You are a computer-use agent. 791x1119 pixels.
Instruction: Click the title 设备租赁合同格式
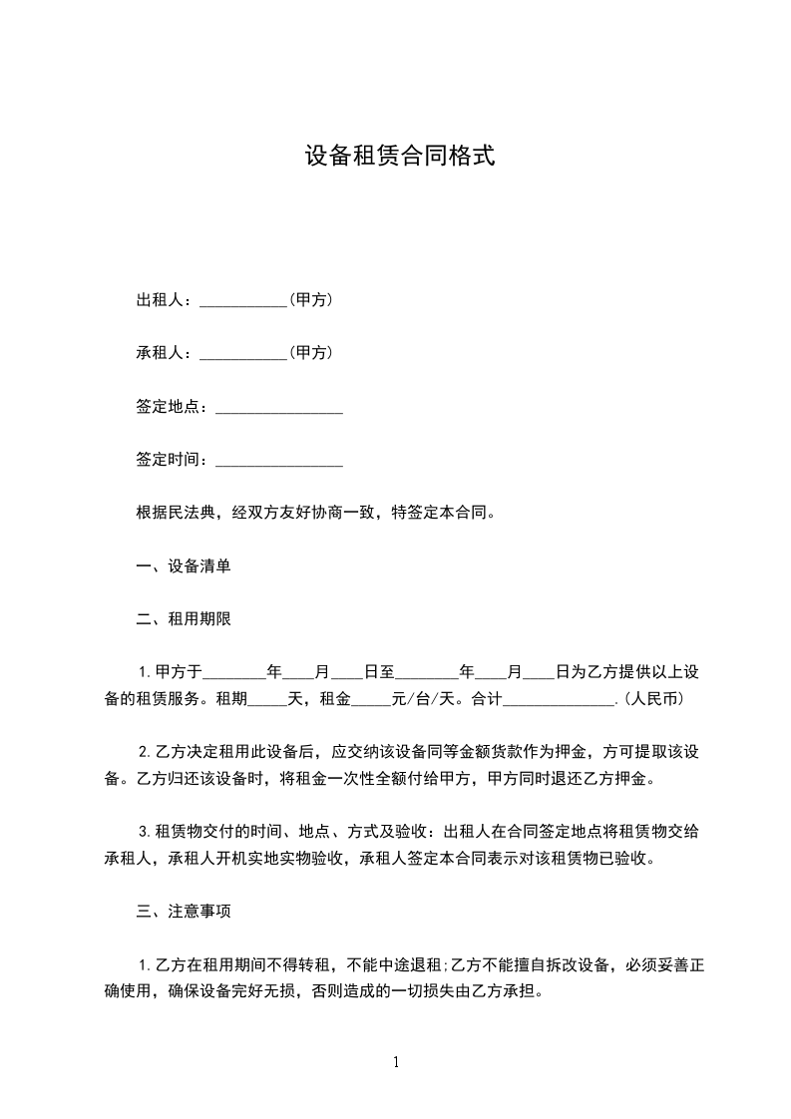coord(399,157)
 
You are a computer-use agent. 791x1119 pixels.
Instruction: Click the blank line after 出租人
coord(243,305)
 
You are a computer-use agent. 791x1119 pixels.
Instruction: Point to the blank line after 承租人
coord(243,358)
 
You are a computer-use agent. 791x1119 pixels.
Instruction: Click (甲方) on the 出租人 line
coord(310,300)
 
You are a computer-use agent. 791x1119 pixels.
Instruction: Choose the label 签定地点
coord(171,407)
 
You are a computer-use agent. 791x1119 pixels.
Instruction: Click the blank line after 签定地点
coord(279,412)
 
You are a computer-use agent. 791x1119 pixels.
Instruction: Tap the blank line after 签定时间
coord(279,466)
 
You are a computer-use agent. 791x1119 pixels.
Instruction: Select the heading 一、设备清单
coord(184,566)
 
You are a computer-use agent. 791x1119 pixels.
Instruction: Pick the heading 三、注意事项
coord(184,912)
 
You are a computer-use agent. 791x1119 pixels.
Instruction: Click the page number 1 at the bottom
coord(396,1063)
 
